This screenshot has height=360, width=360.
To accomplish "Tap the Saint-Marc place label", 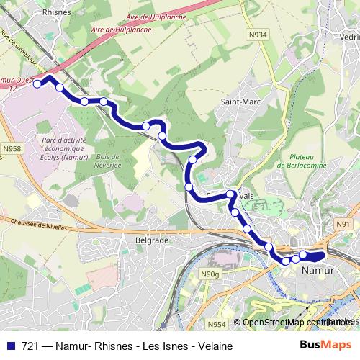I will pyautogui.click(x=236, y=102).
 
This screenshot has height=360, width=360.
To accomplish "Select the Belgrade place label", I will pyautogui.click(x=151, y=239).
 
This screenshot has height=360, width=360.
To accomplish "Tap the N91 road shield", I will pyautogui.click(x=343, y=225).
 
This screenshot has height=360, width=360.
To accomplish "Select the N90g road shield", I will pyautogui.click(x=210, y=274).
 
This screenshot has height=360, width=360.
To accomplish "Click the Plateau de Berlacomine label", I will pyautogui.click(x=303, y=161).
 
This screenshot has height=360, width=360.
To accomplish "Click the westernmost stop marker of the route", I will pyautogui.click(x=37, y=84).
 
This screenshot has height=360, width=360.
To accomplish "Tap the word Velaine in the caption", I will pyautogui.click(x=212, y=346).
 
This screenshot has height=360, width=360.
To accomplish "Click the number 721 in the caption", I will pyautogui.click(x=31, y=346).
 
